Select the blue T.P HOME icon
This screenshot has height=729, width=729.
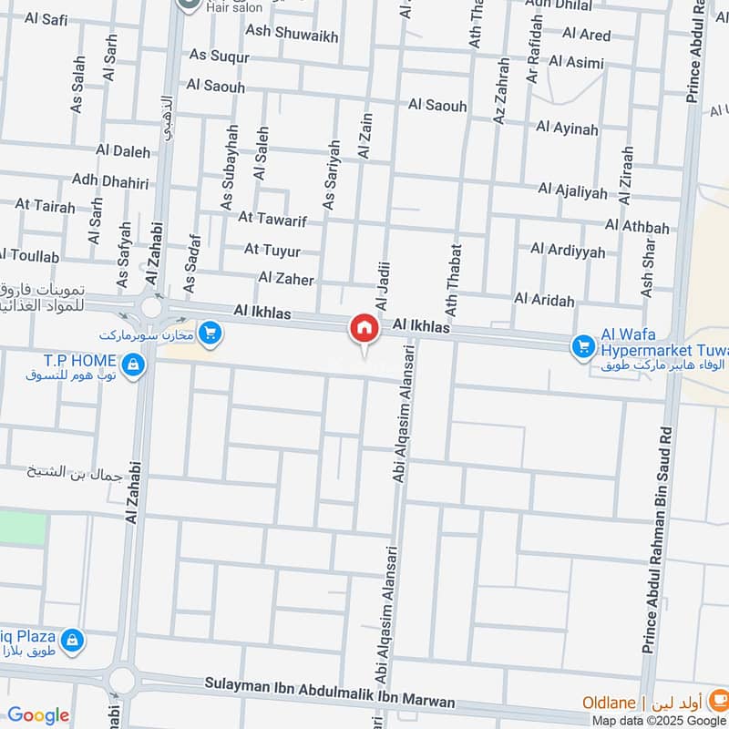click(134, 366)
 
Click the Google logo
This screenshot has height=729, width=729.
click(38, 715)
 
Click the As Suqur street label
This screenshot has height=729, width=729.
click(219, 56)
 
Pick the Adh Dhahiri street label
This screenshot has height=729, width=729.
click(110, 182)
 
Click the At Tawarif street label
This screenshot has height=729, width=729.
click(272, 219)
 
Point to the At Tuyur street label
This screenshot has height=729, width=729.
click(272, 249)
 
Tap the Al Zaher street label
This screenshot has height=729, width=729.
click(286, 278)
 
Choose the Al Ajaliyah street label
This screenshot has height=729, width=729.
click(572, 190)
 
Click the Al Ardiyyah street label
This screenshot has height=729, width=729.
click(568, 250)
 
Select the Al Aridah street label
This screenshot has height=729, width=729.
click(544, 299)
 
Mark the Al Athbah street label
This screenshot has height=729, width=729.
click(637, 227)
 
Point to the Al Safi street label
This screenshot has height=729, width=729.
click(46, 17)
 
